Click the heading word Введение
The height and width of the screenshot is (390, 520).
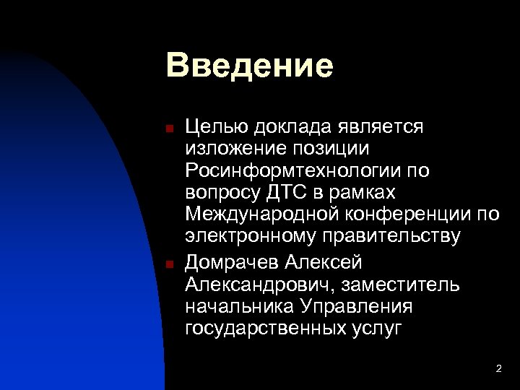(249, 66)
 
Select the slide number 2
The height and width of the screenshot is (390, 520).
(498, 369)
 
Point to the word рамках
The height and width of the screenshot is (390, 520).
(364, 193)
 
